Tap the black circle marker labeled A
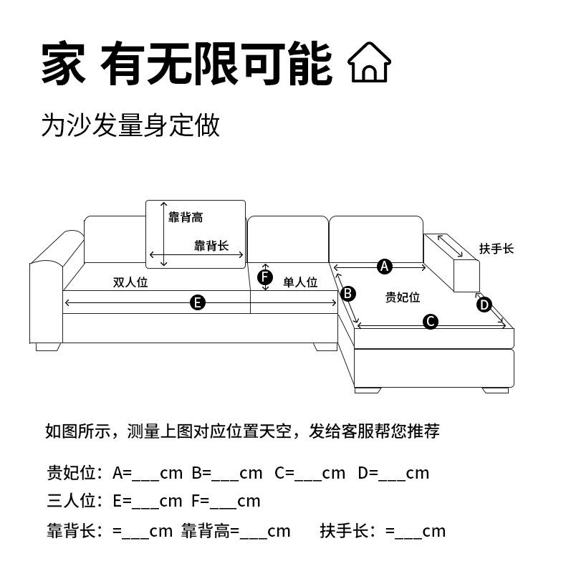coord(385,267)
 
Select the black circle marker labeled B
coord(347,293)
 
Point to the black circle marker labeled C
coord(431,321)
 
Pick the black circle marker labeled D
coord(484,305)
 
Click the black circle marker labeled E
coord(198,302)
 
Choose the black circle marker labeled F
coord(265,277)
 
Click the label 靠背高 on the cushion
coord(186,217)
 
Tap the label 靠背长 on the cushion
coord(211,246)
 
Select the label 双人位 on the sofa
coord(130,282)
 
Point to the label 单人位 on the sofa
coord(300,282)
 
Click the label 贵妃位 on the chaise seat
coord(403,297)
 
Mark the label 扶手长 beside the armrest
coord(497,249)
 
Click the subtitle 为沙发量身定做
coord(130,125)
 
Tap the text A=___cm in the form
coord(148,473)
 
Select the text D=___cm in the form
coord(393,473)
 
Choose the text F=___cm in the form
coord(226,501)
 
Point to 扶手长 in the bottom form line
coord(343,531)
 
